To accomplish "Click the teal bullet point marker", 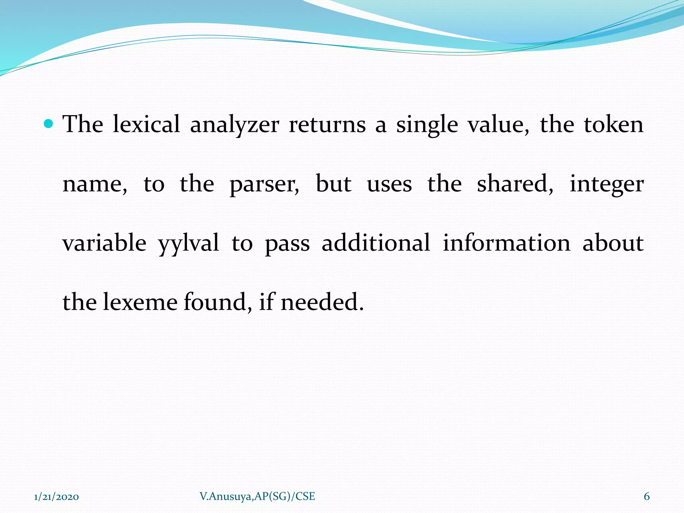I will tap(49, 124).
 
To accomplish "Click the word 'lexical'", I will tap(146, 124).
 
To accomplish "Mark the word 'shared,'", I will tap(515, 184).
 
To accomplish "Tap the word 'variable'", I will tap(105, 243).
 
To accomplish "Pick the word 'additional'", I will tap(376, 243).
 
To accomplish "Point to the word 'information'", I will tap(507, 243).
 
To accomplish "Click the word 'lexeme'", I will tap(140, 302).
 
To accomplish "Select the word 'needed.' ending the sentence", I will tap(322, 302).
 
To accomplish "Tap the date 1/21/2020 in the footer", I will tap(56, 497).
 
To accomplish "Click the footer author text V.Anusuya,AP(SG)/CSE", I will tap(257, 496).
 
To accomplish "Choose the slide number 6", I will tap(647, 497).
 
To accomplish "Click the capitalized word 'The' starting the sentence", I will tap(83, 124).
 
